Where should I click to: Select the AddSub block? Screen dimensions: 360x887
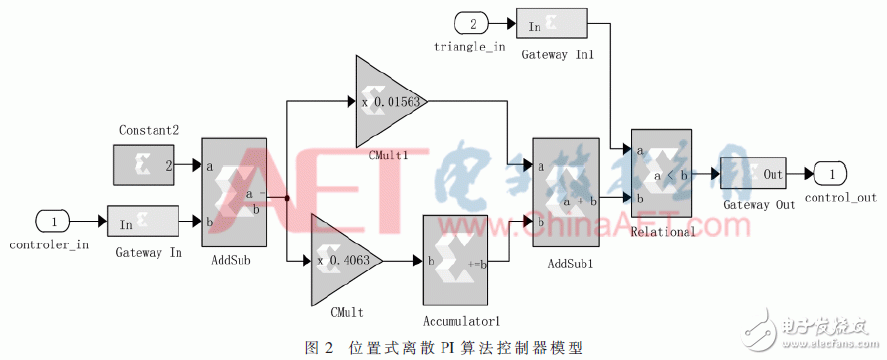pyautogui.click(x=234, y=192)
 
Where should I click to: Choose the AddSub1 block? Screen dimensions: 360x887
pyautogui.click(x=566, y=192)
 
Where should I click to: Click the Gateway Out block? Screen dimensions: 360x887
pyautogui.click(x=753, y=174)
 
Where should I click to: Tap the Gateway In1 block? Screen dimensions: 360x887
pyautogui.click(x=557, y=27)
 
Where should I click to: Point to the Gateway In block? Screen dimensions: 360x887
pyautogui.click(x=143, y=222)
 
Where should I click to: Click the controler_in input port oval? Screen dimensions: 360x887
pyautogui.click(x=55, y=221)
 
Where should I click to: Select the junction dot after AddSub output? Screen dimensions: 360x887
pyautogui.click(x=286, y=198)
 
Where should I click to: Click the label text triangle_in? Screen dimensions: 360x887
pyautogui.click(x=470, y=46)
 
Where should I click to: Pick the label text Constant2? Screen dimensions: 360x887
pyautogui.click(x=148, y=131)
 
